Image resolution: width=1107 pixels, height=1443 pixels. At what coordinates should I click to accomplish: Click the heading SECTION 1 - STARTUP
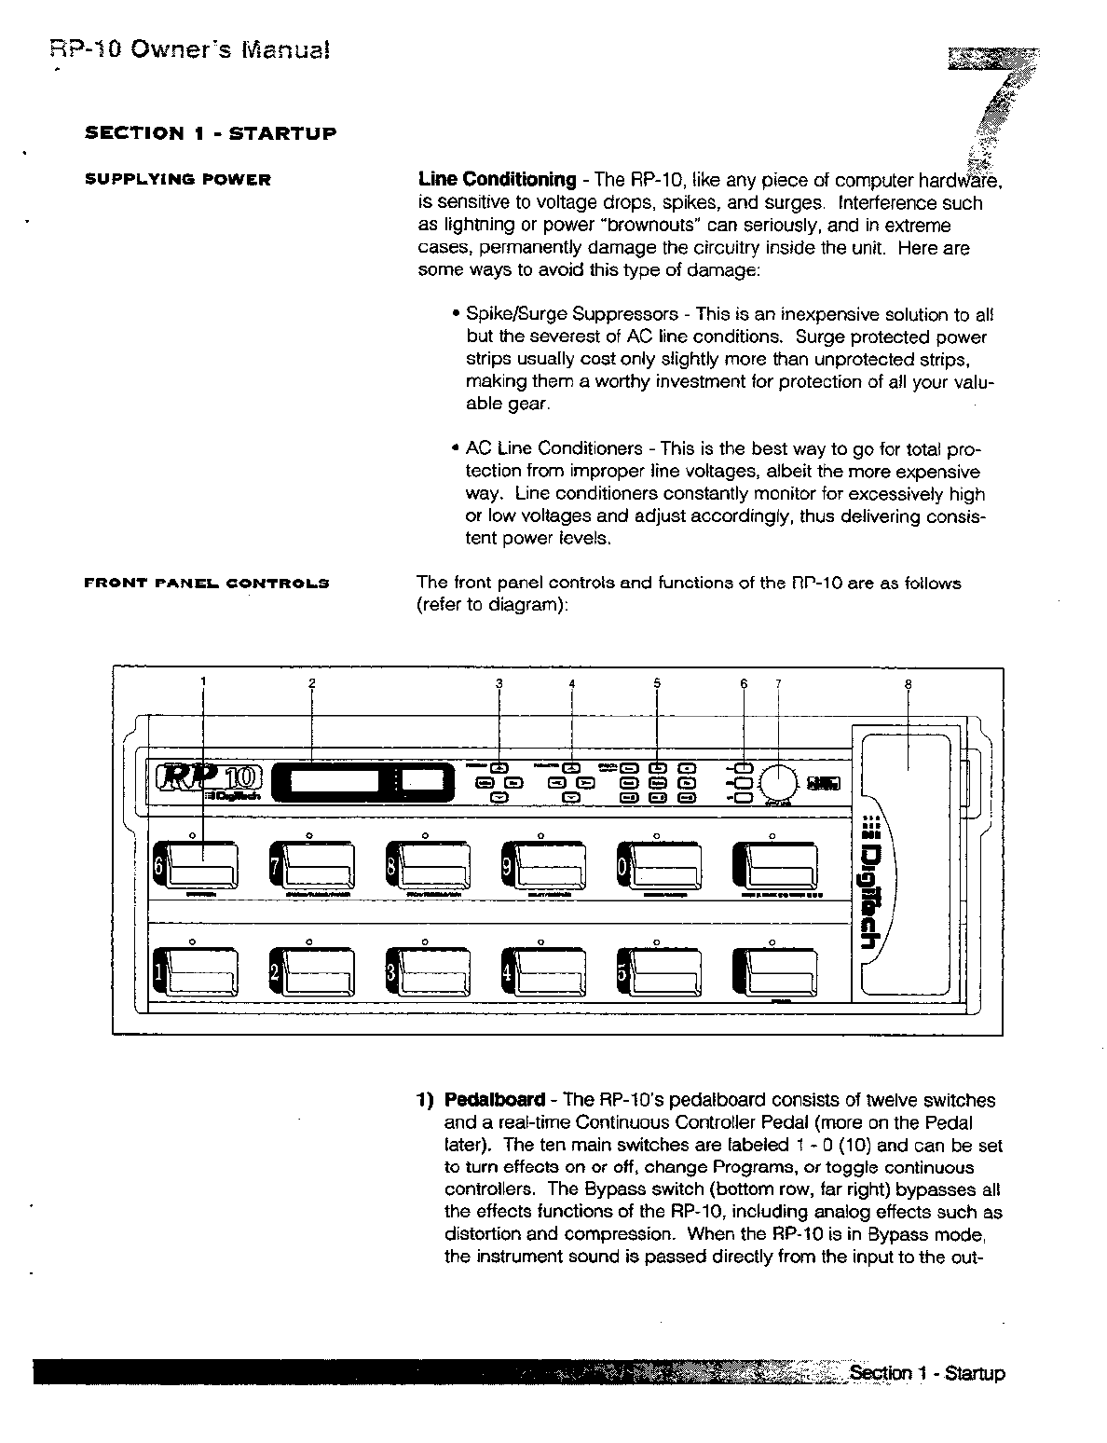pos(211,133)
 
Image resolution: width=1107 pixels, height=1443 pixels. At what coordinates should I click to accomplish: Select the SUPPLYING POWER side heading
pos(178,180)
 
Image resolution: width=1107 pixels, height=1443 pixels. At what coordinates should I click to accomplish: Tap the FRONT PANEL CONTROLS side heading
pos(207,584)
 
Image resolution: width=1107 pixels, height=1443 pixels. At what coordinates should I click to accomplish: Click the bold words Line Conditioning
pos(497,180)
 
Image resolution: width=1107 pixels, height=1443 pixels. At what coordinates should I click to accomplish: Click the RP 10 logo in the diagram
pos(210,777)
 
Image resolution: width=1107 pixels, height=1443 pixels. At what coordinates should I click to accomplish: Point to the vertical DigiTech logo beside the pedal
pos(868,886)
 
